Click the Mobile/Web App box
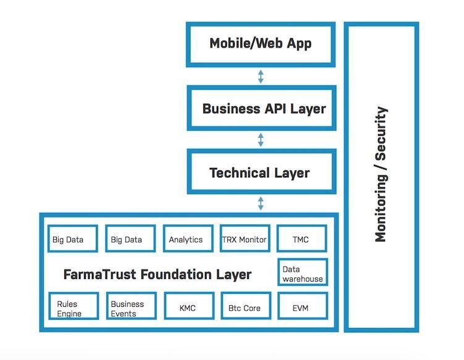(261, 44)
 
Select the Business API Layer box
(261, 108)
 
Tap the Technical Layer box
(261, 171)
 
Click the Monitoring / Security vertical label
(381, 174)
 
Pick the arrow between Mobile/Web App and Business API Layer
(261, 77)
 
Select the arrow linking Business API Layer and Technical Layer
(261, 140)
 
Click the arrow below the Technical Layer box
(261, 203)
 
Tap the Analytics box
(188, 238)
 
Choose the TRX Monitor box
(245, 238)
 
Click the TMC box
(302, 238)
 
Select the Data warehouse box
(303, 272)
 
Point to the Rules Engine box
(74, 306)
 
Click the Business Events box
(132, 306)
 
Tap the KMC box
(189, 306)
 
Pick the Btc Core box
(246, 306)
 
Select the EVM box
(303, 306)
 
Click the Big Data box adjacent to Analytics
(130, 238)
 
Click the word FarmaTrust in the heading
(100, 274)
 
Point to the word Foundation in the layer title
(176, 274)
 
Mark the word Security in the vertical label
(381, 133)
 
